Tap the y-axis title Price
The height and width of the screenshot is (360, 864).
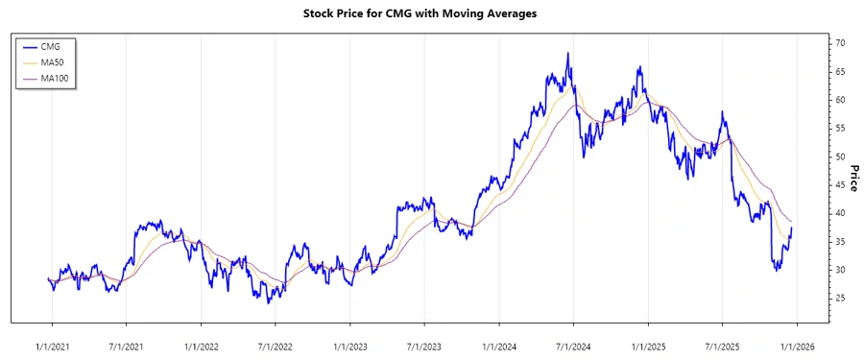pos(852,178)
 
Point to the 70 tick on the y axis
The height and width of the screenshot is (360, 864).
pos(840,43)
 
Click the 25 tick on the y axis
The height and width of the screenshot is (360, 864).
pos(840,299)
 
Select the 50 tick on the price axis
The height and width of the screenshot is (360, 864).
pos(840,156)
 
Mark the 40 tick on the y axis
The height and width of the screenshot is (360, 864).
pos(840,213)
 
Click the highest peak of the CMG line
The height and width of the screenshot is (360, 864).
pos(568,54)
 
